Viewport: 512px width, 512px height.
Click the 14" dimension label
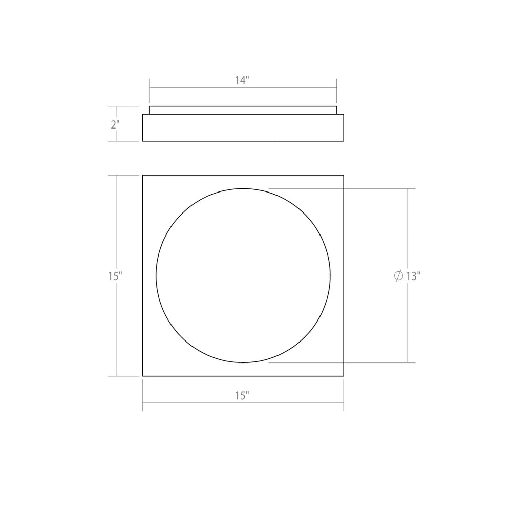coord(243,80)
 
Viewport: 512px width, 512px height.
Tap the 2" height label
coord(115,124)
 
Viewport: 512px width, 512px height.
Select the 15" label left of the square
coord(115,275)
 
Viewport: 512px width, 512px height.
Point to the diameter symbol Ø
coord(398,275)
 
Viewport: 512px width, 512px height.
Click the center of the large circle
coord(243,275)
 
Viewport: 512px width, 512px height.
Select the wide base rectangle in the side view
coord(243,127)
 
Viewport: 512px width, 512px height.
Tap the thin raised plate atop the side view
coord(243,110)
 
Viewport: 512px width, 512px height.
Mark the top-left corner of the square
coord(142,175)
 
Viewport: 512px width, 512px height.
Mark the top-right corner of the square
coord(344,175)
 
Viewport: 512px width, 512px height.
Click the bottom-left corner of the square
coord(142,376)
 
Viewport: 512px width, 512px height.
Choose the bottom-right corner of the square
coord(344,376)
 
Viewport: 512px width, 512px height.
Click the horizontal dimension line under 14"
coord(243,88)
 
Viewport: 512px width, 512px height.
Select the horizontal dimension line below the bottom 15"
coord(243,403)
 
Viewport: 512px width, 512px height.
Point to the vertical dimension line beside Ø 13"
coord(408,230)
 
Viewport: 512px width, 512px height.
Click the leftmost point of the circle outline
coord(156,275)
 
